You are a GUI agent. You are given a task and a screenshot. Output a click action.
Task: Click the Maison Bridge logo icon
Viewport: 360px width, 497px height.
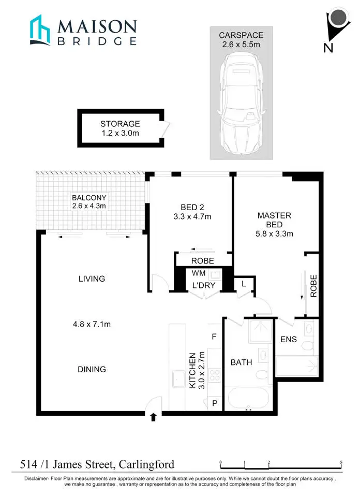pos(39,30)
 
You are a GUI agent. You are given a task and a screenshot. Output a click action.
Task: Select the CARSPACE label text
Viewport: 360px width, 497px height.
pos(241,35)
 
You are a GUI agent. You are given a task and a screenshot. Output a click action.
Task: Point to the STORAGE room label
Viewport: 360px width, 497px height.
pos(120,124)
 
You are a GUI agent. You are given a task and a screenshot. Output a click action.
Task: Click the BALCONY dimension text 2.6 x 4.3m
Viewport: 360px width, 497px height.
pos(89,206)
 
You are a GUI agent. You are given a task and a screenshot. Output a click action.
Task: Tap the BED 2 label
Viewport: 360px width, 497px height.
pos(193,208)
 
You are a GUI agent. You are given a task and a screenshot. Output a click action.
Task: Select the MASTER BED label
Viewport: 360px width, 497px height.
pos(274,220)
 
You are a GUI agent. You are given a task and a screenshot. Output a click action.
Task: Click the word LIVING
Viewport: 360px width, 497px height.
pos(92,279)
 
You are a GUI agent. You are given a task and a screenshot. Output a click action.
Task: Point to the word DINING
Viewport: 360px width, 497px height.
pos(92,369)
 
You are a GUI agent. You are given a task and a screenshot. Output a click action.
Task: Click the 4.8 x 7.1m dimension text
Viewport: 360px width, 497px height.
pos(92,325)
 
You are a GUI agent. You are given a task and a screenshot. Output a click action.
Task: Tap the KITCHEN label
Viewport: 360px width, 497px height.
pos(192,370)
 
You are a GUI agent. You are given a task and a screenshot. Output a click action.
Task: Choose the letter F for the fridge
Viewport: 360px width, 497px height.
pos(214,337)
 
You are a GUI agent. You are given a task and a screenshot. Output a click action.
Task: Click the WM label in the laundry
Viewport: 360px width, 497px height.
pos(199,273)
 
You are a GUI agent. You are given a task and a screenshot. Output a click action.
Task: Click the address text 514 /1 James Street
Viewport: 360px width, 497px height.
pos(97,464)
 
